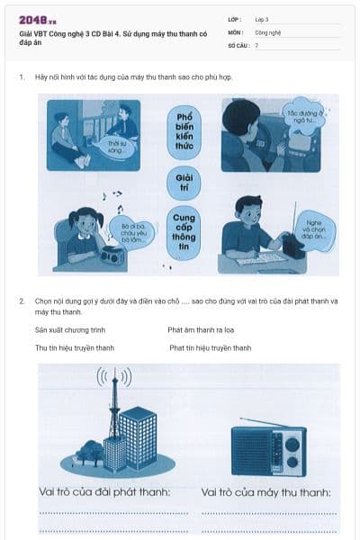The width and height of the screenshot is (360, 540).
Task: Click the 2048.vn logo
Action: (x=38, y=20)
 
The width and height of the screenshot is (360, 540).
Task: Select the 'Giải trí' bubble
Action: (x=184, y=184)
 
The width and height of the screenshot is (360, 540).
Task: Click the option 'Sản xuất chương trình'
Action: (x=70, y=330)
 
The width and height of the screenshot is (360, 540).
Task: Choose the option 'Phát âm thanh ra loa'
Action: (x=201, y=330)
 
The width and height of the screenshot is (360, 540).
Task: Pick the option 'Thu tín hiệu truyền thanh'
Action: (x=75, y=348)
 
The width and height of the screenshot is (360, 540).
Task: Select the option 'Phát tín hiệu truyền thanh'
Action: (x=209, y=348)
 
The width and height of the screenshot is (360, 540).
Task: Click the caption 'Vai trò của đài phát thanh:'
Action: (x=105, y=492)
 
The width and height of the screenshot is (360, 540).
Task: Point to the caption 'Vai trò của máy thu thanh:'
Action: (x=266, y=492)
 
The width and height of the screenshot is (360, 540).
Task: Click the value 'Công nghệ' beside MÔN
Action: (x=268, y=31)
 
